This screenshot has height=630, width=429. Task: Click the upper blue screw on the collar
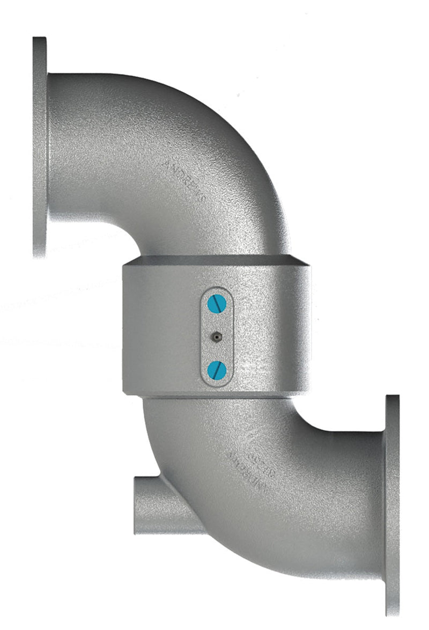click(x=217, y=304)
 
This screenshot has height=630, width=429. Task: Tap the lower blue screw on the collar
click(x=217, y=369)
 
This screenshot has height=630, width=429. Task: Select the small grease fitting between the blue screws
click(x=217, y=336)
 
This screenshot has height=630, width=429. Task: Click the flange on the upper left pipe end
click(x=40, y=148)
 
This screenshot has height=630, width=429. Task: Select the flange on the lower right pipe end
click(x=392, y=504)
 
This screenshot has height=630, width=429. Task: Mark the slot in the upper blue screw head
click(x=217, y=304)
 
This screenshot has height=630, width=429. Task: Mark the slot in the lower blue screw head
click(x=217, y=369)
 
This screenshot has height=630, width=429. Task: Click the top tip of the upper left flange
click(x=40, y=39)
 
